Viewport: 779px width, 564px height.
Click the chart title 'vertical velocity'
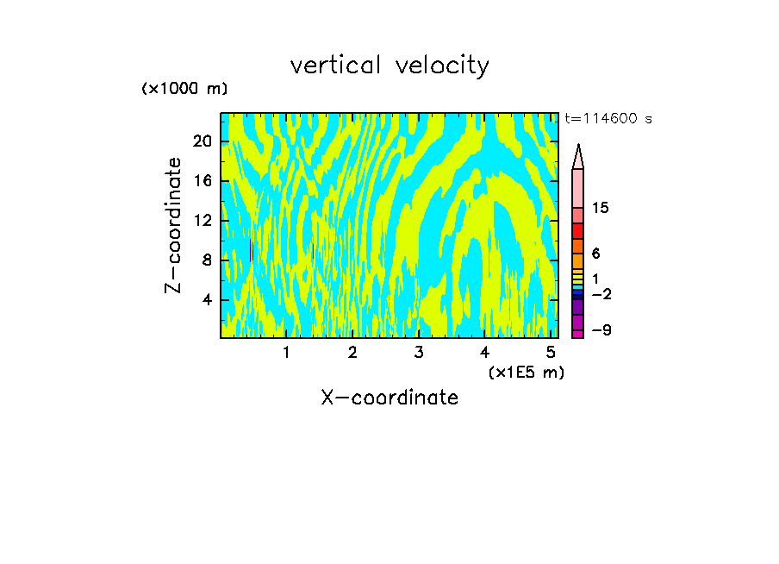click(389, 66)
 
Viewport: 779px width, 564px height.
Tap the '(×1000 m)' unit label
click(184, 89)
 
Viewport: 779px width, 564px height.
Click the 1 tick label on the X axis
click(286, 353)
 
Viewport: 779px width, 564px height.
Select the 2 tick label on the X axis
click(352, 353)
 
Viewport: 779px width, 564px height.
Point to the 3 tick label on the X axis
click(419, 353)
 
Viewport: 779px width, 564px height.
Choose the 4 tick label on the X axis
click(485, 353)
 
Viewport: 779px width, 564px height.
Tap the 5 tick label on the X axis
click(552, 353)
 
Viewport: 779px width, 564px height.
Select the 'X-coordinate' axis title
click(389, 398)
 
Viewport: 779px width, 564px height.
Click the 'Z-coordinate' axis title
click(174, 225)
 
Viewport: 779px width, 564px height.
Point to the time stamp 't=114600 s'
click(608, 119)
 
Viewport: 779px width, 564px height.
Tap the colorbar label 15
click(601, 209)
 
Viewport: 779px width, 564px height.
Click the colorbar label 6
click(596, 254)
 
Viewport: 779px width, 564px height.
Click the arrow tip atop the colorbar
click(578, 147)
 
